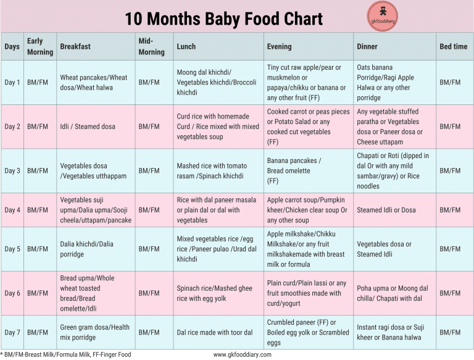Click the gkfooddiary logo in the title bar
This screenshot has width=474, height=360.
(382, 17)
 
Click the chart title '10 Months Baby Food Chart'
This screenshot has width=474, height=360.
(223, 19)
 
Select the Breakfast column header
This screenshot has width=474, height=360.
(75, 46)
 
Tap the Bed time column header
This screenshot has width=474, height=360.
(453, 46)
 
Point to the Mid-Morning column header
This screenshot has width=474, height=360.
(151, 46)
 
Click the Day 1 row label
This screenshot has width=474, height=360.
(12, 82)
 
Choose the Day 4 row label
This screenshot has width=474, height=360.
(12, 210)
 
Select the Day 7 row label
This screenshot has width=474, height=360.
(12, 332)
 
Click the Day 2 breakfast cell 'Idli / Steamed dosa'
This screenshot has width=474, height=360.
(88, 127)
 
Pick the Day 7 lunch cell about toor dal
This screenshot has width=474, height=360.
(215, 332)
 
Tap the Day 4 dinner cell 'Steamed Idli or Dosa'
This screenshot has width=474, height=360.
(386, 210)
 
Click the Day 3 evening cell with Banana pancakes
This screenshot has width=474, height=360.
(294, 170)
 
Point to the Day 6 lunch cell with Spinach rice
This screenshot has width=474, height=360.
(214, 293)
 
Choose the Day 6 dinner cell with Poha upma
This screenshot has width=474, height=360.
(393, 293)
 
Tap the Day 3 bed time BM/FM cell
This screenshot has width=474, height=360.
(450, 170)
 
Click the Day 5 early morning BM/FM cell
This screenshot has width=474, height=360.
(38, 249)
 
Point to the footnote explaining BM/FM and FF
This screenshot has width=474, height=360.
(66, 354)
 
